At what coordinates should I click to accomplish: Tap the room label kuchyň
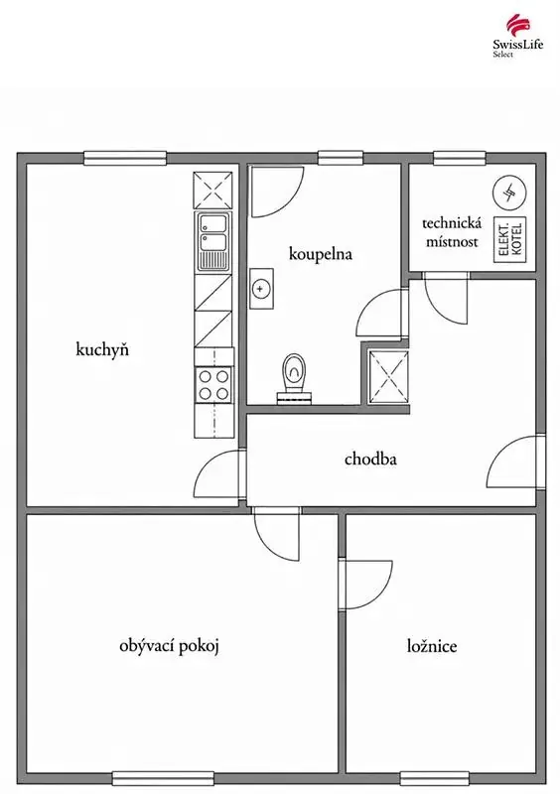click(102, 349)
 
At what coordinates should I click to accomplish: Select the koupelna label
click(321, 254)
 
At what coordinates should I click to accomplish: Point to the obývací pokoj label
click(169, 646)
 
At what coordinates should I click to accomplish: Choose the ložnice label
click(432, 646)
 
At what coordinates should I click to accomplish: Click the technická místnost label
click(452, 232)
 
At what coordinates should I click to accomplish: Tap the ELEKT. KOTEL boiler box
click(510, 240)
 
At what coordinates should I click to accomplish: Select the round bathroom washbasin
click(261, 289)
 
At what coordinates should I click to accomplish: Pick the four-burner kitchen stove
click(213, 385)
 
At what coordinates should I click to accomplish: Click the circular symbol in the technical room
click(509, 194)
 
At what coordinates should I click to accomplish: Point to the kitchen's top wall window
click(125, 159)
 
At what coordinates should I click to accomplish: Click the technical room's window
click(460, 159)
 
